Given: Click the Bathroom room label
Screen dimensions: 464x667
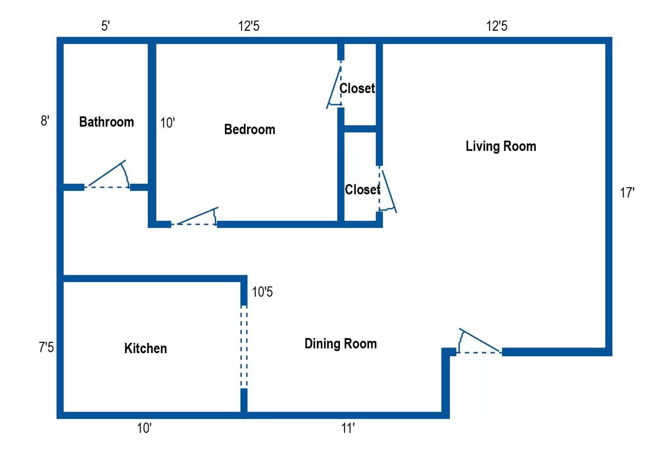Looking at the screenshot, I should click(x=107, y=122).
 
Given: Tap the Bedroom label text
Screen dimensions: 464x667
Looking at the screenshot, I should click(x=250, y=129).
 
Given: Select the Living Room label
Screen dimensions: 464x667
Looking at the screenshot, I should click(x=501, y=146).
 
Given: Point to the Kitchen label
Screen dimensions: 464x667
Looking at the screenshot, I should click(x=146, y=348).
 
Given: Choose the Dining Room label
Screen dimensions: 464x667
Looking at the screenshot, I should click(x=341, y=344).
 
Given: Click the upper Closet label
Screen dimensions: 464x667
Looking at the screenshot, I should click(x=357, y=89).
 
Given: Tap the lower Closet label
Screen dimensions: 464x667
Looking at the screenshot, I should click(x=362, y=189).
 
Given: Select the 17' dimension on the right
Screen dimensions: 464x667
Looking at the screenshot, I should click(x=627, y=193).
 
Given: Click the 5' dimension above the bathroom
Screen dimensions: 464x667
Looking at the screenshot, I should click(x=106, y=26).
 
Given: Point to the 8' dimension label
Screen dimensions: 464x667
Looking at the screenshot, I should click(x=45, y=121).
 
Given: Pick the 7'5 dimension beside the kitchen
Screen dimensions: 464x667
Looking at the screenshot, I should click(x=46, y=347).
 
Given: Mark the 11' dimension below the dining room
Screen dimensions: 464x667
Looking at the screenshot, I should click(x=348, y=428).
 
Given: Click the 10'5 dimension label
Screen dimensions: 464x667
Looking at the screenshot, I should click(x=262, y=292).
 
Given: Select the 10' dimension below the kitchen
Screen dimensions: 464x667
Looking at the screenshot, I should click(x=144, y=428).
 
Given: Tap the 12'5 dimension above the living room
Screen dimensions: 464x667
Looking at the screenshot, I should click(x=496, y=26).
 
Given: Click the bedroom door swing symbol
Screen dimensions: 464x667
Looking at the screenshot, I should click(x=196, y=217).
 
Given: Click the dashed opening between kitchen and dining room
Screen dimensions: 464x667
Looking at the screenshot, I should click(x=244, y=347).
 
